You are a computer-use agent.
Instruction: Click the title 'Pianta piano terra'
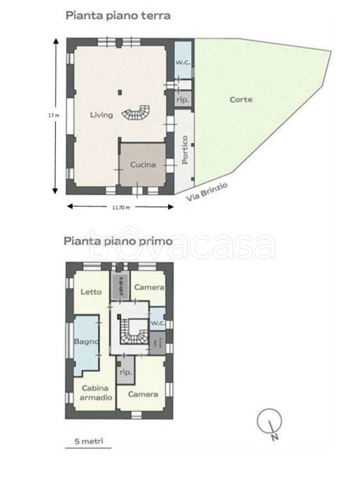coord(119,16)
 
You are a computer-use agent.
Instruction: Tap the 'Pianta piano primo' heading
coord(117,242)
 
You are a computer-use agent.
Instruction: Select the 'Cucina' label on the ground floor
coord(143,165)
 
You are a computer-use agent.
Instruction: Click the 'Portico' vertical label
coord(184,150)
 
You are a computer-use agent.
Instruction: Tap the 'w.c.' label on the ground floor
coord(183,62)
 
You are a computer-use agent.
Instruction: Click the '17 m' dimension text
coord(54,115)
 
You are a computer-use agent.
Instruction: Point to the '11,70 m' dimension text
coord(120,208)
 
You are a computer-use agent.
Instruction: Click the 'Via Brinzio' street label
coord(208,189)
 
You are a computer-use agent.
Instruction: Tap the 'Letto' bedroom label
coord(91,291)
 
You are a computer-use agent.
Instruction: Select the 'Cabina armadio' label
coord(94,393)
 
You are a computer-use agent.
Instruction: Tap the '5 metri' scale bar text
coord(88,441)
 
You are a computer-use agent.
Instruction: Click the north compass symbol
coord(270,424)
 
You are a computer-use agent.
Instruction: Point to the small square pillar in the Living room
coord(119,91)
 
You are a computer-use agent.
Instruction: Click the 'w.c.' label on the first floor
coord(157,323)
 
